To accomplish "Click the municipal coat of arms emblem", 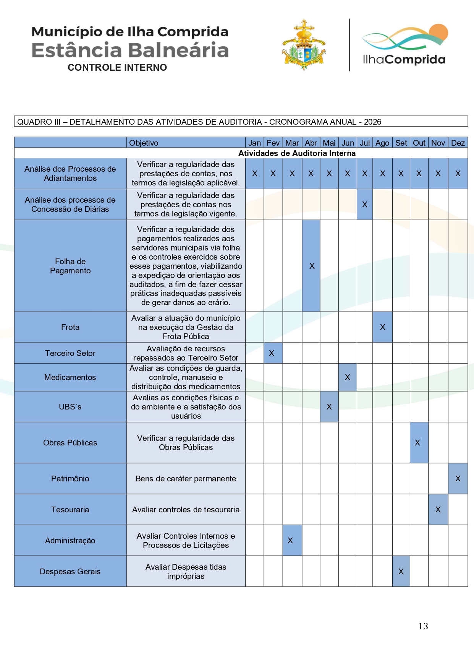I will click(x=304, y=45).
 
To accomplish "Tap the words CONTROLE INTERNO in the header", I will click(x=117, y=68).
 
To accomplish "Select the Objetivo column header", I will click(x=144, y=143).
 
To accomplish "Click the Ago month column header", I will click(x=382, y=143).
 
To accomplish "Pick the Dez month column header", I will click(x=458, y=143).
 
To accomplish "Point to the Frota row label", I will click(x=70, y=327).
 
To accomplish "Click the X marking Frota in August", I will click(x=382, y=327).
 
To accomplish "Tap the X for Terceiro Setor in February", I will click(x=272, y=353).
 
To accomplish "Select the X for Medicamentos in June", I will click(x=348, y=377).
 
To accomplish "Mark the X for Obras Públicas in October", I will click(x=417, y=443).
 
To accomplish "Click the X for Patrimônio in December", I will click(x=458, y=479).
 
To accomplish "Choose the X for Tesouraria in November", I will click(x=438, y=510).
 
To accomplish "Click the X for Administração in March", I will click(x=290, y=541).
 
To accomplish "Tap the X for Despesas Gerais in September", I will click(x=401, y=572).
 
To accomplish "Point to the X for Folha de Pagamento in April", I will click(x=312, y=266).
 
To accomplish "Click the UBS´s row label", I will click(x=70, y=407).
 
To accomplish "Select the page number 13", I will click(x=423, y=626).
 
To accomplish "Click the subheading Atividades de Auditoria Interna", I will click(x=297, y=153).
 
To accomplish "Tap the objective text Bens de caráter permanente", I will click(x=186, y=479).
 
